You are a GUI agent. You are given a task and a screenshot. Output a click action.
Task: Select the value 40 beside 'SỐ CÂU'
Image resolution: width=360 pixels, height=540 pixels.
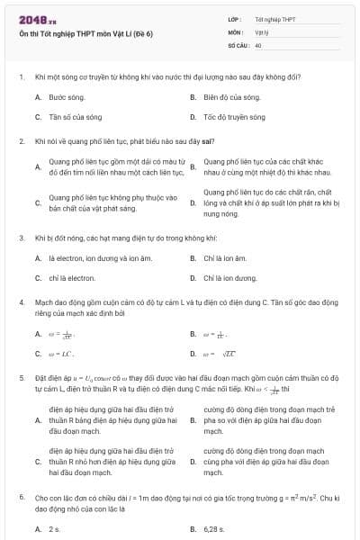[258, 44]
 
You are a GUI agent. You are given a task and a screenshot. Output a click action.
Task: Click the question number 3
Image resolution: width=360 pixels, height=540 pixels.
[21, 238]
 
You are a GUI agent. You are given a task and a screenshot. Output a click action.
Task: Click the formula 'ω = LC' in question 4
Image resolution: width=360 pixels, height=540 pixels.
[60, 355]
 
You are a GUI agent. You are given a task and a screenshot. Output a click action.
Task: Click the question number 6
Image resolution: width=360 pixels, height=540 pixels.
[21, 497]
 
